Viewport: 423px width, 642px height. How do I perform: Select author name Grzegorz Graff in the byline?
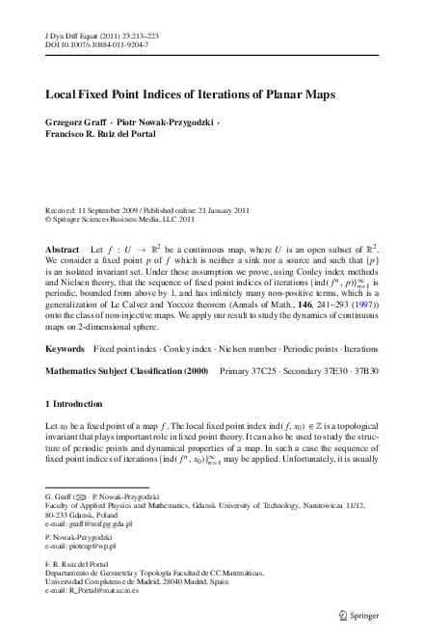79,124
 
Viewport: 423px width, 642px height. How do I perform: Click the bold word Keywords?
65,345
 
